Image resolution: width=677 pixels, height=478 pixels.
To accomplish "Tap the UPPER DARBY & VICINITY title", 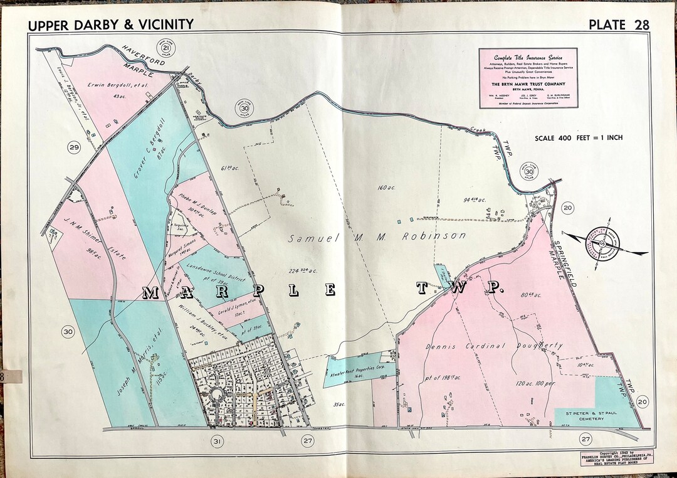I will [x=111, y=24].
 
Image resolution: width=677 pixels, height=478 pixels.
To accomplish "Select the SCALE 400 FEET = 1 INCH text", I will [x=579, y=138].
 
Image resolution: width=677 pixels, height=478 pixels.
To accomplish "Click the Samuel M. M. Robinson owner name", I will [x=378, y=237].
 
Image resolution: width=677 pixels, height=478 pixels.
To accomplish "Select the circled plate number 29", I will [x=75, y=148].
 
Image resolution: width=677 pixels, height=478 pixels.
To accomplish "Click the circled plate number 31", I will [x=217, y=442].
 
